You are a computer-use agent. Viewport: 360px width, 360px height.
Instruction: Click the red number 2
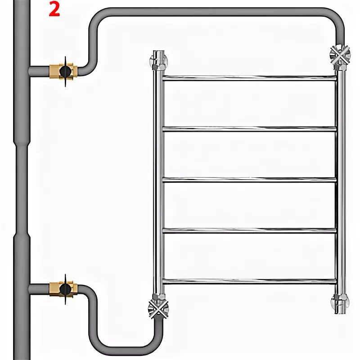54,9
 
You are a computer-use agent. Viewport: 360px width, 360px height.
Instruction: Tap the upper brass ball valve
63,72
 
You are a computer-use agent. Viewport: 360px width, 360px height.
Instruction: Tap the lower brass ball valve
63,289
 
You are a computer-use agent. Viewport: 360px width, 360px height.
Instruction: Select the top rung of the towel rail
249,78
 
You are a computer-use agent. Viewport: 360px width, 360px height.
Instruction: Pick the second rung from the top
249,129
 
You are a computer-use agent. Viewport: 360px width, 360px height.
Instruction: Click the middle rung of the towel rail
249,180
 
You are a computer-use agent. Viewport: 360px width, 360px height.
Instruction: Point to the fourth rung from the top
249,231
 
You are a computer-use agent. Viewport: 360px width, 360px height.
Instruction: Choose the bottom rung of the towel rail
249,282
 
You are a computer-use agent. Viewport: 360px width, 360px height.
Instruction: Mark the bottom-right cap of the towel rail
340,303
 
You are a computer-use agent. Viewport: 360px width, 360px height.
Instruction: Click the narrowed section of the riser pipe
22,189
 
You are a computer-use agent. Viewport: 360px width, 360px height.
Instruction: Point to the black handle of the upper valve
65,72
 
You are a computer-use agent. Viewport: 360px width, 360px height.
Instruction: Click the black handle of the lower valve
65,289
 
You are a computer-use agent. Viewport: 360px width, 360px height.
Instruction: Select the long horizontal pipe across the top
216,12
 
